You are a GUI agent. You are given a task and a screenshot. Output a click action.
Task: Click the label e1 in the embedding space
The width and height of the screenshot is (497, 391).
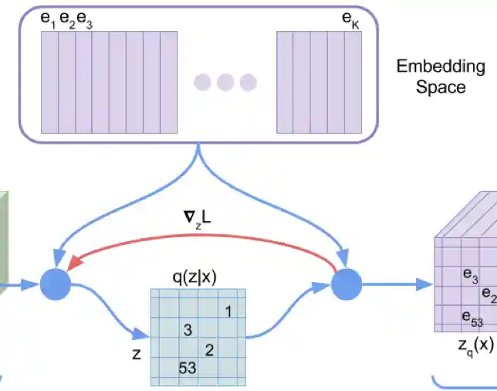[x=47, y=22]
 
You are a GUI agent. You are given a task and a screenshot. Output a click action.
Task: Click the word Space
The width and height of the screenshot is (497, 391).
[x=441, y=87]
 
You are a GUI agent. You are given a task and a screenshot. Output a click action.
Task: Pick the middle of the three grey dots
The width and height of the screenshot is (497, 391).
[x=225, y=82]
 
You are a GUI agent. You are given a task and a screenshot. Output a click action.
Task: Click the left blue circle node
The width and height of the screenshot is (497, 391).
[x=55, y=284]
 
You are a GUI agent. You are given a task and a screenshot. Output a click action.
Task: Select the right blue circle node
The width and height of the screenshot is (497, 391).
[x=347, y=284]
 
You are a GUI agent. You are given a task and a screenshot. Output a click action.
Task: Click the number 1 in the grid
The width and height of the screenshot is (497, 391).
[x=228, y=311]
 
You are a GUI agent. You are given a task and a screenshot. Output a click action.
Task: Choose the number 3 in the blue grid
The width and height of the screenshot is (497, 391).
[x=187, y=331]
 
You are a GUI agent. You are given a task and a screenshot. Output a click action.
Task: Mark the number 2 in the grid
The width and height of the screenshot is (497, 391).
[x=209, y=349]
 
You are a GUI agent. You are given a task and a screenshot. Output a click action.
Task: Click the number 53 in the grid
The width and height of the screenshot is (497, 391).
[x=188, y=368]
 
